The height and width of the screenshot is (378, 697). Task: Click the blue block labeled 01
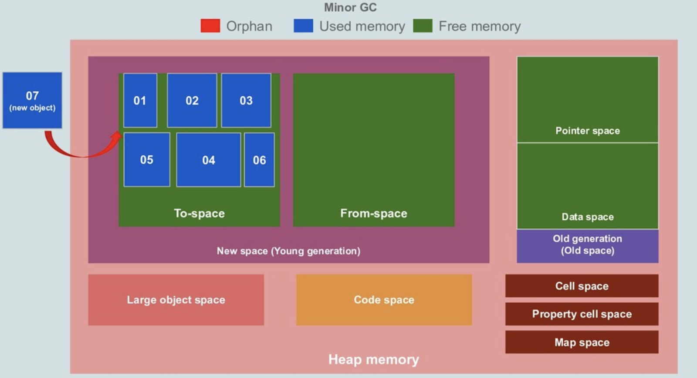[x=140, y=100]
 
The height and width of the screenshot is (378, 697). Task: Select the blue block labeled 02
[x=192, y=100]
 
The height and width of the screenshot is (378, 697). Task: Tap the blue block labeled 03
[x=246, y=100]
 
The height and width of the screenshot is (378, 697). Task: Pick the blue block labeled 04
[x=208, y=160]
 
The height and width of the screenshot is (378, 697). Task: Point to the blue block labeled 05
[x=147, y=160]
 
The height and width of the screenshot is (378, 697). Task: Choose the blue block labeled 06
[x=259, y=160]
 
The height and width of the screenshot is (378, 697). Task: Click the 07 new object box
[x=32, y=100]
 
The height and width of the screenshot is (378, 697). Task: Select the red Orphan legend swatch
[x=210, y=26]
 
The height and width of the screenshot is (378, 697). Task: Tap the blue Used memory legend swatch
[x=303, y=26]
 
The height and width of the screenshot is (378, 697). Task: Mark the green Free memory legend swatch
[x=423, y=26]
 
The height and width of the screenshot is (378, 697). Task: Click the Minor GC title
[x=350, y=7]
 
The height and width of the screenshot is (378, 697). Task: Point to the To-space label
[x=199, y=213]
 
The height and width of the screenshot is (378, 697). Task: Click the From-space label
[x=373, y=213]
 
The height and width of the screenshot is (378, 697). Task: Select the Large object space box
[x=176, y=300]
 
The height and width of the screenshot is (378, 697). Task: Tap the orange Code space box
[x=384, y=300]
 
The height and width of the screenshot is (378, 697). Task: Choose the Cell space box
[x=582, y=286]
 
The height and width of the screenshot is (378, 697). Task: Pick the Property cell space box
[x=582, y=314]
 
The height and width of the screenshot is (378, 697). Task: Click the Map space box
[x=582, y=342]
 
